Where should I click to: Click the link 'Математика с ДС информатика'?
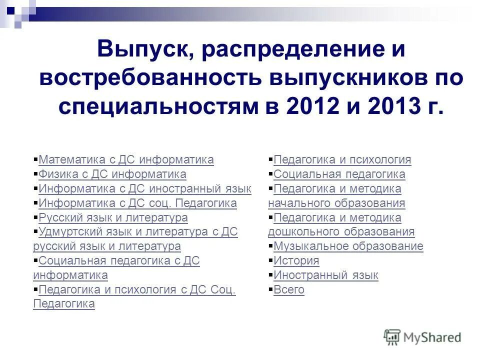coord(126,160)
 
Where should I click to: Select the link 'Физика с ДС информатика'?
coord(112,174)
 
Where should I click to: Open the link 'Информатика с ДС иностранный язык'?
coord(145,189)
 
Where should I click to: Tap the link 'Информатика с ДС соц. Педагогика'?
coord(137,203)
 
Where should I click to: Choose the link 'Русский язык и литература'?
coord(113,218)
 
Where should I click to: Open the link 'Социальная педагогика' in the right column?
coord(339,174)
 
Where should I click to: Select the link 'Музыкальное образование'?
coord(348,246)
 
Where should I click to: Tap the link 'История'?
coord(296,261)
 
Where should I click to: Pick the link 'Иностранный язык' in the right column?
coord(326,275)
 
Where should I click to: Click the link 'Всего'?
coord(289,290)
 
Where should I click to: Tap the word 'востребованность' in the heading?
coord(152,78)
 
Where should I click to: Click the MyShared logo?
coord(422,337)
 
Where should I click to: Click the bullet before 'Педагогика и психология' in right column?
coord(270,160)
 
